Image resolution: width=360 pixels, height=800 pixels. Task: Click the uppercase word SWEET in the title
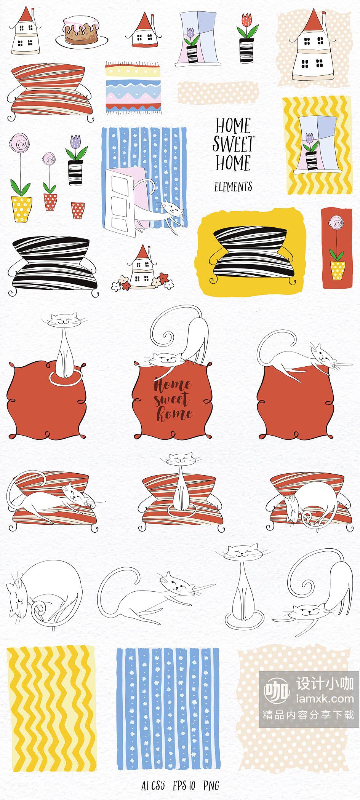(233, 144)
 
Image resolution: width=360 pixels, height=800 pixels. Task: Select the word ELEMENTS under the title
(233, 187)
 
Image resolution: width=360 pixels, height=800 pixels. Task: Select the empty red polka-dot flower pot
(78, 211)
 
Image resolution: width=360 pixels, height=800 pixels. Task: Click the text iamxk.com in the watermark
(325, 699)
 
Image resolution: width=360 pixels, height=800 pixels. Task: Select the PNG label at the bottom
(211, 785)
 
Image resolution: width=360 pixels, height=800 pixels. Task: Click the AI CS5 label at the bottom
(153, 785)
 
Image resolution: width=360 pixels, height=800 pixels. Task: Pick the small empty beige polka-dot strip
(218, 92)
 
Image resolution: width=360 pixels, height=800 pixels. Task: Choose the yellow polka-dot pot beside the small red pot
(22, 209)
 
